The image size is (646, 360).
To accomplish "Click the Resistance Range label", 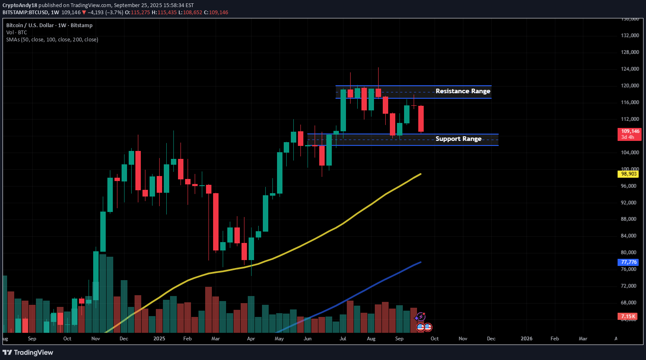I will tap(463, 91).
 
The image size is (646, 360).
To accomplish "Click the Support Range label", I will tap(458, 139).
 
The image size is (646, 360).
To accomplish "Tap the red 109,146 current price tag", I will tap(629, 134).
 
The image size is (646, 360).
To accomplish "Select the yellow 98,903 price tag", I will tap(628, 174).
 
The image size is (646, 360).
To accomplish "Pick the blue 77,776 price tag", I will tap(628, 262).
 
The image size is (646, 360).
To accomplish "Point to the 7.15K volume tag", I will tap(628, 317).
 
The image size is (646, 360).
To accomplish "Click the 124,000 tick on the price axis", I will tap(630, 69).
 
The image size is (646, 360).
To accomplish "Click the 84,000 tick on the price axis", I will tap(630, 236).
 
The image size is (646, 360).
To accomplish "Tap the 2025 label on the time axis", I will tap(159, 339).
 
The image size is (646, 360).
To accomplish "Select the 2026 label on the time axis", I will tap(526, 339).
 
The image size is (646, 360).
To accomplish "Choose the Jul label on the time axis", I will tap(343, 339).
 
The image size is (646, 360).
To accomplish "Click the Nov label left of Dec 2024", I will tap(96, 339).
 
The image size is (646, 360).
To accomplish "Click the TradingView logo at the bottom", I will tap(28, 352).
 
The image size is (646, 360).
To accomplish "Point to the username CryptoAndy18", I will tap(20, 5).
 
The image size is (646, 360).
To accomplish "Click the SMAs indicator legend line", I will tap(52, 40).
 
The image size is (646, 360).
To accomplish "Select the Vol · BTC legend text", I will tap(17, 33).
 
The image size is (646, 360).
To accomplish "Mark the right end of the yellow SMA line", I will tap(420, 174).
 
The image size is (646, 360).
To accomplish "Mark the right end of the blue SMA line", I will tap(420, 262).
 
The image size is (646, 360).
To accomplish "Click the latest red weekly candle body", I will tap(421, 119).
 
